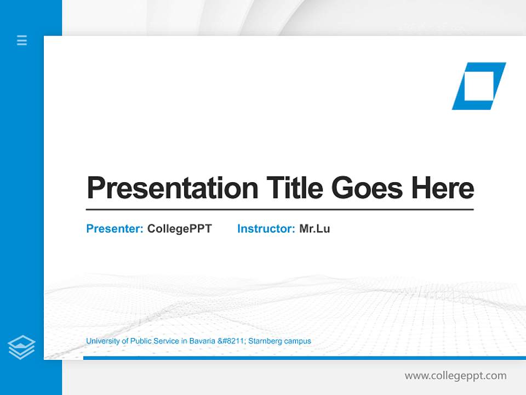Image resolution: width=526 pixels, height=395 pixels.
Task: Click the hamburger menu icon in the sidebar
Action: [22, 40]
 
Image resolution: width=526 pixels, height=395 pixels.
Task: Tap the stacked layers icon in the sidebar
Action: [21, 347]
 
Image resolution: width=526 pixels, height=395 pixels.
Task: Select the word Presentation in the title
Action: [172, 188]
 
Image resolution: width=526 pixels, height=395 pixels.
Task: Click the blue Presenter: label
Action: [115, 229]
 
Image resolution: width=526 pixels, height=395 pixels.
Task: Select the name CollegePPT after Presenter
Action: [179, 229]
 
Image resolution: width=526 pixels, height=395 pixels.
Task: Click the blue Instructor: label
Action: [266, 229]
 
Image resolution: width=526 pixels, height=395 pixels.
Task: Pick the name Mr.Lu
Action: [315, 229]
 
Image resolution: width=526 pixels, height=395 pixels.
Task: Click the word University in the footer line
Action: [102, 341]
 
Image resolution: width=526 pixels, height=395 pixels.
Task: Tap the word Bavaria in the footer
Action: [202, 341]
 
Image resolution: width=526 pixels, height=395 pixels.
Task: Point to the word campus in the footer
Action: [299, 341]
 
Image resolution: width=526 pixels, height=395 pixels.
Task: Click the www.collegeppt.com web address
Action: [455, 376]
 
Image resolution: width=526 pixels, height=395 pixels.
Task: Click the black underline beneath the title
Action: [279, 210]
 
